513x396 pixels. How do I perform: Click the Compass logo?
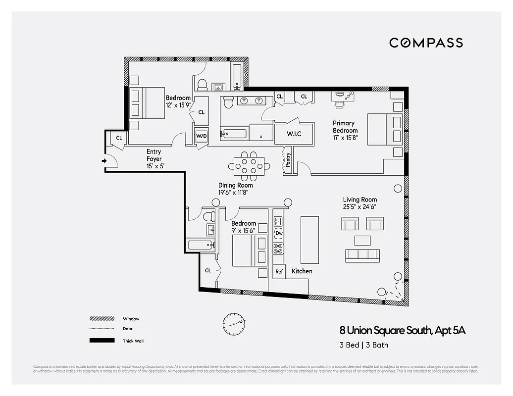(x=426, y=43)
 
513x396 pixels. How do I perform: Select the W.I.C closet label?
(x=294, y=134)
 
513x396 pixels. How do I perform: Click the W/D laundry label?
(x=201, y=136)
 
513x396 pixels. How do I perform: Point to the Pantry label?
(x=288, y=160)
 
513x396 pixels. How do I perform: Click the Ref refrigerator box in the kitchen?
(x=279, y=271)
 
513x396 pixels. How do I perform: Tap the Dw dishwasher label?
(x=279, y=233)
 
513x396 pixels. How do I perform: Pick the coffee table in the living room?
(x=362, y=241)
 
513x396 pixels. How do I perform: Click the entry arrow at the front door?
(x=104, y=161)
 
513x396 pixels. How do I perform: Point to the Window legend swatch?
(x=101, y=319)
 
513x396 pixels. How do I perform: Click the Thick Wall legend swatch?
(x=101, y=341)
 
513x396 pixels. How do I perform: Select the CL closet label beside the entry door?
(x=119, y=138)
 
